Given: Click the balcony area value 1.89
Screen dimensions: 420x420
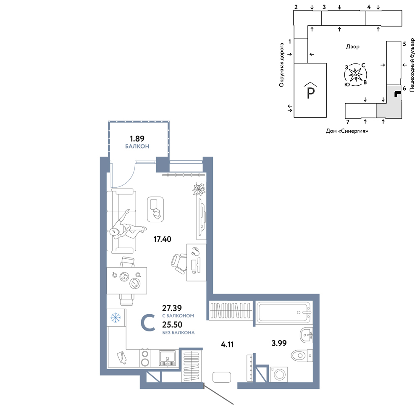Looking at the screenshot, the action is point(137,139).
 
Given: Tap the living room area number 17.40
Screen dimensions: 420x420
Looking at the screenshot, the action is point(162,239).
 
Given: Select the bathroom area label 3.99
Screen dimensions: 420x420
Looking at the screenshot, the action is point(279,343).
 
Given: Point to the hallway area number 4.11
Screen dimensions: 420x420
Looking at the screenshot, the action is point(227,344).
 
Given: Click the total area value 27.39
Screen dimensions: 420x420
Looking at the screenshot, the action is point(172,308).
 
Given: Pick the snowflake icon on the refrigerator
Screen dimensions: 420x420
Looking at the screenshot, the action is point(116,318).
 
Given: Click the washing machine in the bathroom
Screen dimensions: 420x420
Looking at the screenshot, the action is point(279,374).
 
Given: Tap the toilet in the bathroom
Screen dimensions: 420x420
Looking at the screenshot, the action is point(302,356).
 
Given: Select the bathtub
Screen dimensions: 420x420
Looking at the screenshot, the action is point(283,312).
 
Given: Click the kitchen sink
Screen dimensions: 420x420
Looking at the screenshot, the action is point(168,358).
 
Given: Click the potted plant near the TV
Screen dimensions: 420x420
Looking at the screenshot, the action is point(199,189).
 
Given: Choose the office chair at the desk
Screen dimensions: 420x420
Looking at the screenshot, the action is point(179,263).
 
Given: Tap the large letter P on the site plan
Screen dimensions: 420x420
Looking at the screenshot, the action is point(310,93).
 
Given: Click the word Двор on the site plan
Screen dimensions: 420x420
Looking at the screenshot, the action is point(352,47).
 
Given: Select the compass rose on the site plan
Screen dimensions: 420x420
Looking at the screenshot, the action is point(355,75).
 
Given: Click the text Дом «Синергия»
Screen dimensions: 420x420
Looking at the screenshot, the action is point(346,131).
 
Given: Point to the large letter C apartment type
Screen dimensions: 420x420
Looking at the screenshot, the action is point(148,323).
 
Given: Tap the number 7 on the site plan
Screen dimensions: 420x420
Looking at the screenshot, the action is point(348,122).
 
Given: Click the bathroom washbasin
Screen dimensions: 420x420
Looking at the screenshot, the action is point(306,335).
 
